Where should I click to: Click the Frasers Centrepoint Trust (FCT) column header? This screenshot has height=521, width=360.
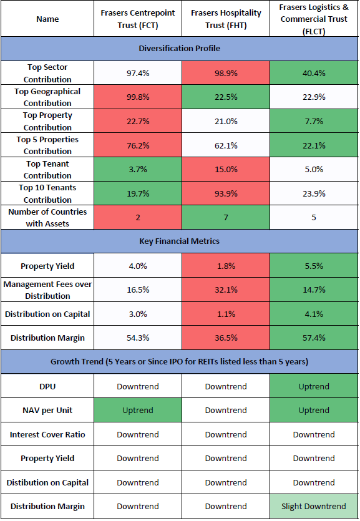(x=138, y=19)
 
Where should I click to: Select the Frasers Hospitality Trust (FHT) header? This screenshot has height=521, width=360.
(x=226, y=19)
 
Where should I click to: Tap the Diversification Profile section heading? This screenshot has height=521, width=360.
(x=179, y=49)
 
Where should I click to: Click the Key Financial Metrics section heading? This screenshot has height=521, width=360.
(x=179, y=241)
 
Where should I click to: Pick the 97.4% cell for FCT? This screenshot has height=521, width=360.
(x=138, y=73)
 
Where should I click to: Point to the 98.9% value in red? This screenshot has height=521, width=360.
(x=226, y=73)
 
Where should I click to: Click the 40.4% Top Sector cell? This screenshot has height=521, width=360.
(x=314, y=73)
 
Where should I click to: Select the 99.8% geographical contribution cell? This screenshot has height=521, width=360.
(x=138, y=97)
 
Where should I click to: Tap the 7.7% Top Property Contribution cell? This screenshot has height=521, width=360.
(x=314, y=121)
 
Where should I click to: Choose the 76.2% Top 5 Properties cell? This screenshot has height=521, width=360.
(x=138, y=145)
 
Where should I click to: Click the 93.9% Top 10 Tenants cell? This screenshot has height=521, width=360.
(x=226, y=193)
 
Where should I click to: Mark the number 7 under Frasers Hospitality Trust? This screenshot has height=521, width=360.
(x=226, y=218)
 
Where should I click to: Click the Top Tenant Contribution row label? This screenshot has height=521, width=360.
(x=47, y=170)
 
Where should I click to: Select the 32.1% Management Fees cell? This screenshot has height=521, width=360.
(x=226, y=290)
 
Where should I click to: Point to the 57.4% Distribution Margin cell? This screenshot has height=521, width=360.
(x=314, y=338)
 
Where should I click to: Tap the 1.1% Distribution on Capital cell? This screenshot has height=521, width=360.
(x=226, y=314)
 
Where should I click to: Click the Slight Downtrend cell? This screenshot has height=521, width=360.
(x=314, y=507)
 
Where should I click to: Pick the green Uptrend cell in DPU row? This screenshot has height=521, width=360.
(x=314, y=386)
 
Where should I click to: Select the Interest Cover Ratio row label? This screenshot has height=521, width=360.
(x=47, y=435)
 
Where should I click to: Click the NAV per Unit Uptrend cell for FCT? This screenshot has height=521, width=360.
(x=138, y=411)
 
